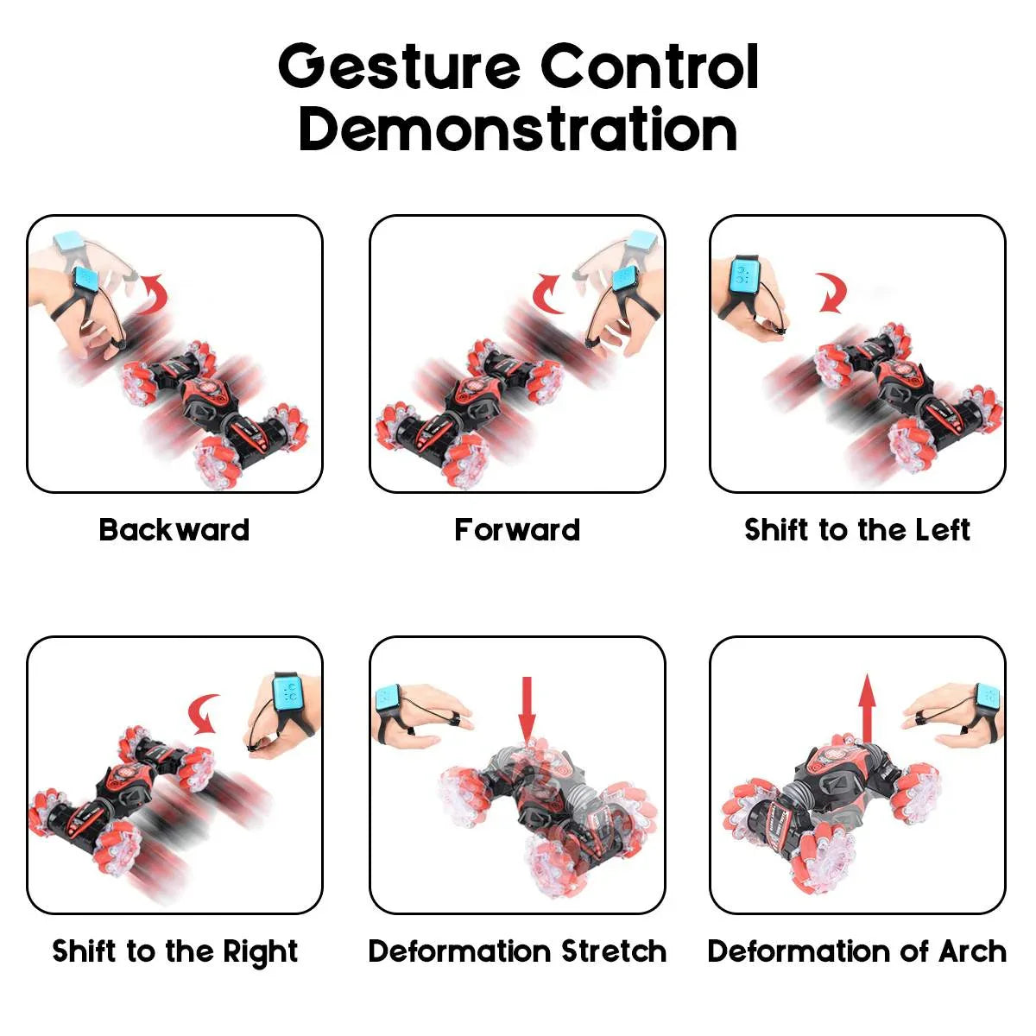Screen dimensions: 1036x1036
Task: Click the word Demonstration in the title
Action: (x=518, y=129)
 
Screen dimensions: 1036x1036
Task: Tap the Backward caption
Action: (x=174, y=529)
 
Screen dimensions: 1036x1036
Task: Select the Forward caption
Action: (x=517, y=529)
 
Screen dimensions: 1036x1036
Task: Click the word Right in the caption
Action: (x=260, y=951)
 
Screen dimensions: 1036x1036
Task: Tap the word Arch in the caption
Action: (x=972, y=951)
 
